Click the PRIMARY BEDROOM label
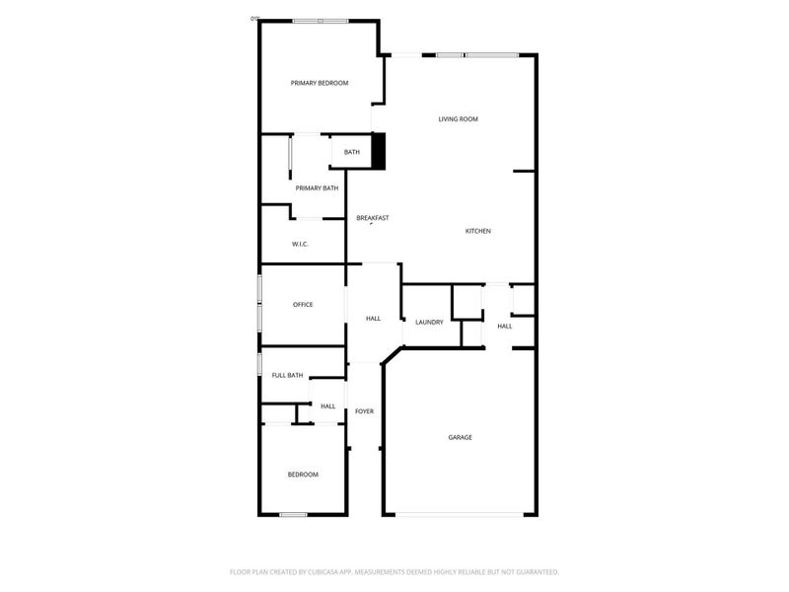pos(320,84)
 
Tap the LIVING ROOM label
pos(459,119)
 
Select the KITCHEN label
pos(478,231)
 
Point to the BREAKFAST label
pos(373,217)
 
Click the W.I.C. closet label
pos(301,244)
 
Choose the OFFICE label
pos(303,304)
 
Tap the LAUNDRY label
pos(429,323)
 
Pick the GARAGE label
pos(460,437)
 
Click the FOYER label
pos(365,410)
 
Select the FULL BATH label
pos(288,375)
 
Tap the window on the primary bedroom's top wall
pos(320,21)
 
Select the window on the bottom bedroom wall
pos(293,514)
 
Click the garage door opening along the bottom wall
pos(461,514)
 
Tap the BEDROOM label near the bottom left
pos(303,475)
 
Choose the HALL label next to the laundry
pos(505,326)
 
